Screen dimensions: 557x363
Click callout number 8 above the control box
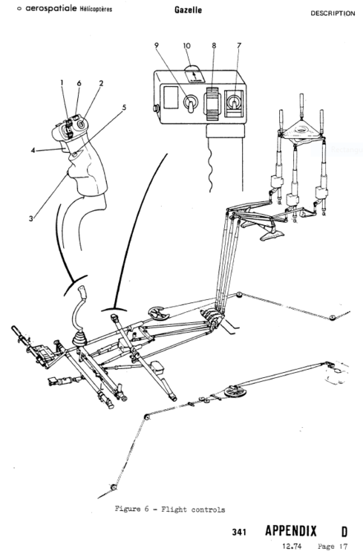coord(215,46)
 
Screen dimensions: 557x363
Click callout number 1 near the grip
coord(63,82)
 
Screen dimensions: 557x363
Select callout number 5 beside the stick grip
coord(124,107)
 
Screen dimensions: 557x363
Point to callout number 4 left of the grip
coord(33,151)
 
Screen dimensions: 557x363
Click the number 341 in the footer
coord(238,532)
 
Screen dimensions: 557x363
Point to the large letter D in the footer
coord(344,531)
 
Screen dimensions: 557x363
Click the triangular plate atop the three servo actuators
coord(301,131)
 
